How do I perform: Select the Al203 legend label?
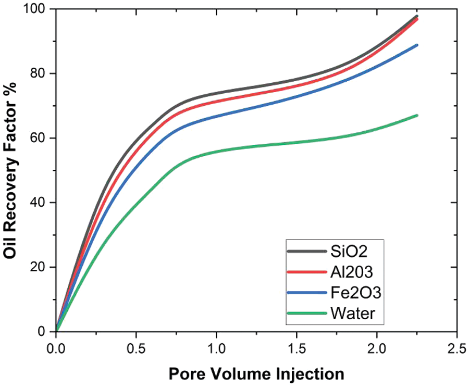coord(351,272)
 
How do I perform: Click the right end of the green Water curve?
coord(417,116)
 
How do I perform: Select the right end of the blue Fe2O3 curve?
coord(417,45)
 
